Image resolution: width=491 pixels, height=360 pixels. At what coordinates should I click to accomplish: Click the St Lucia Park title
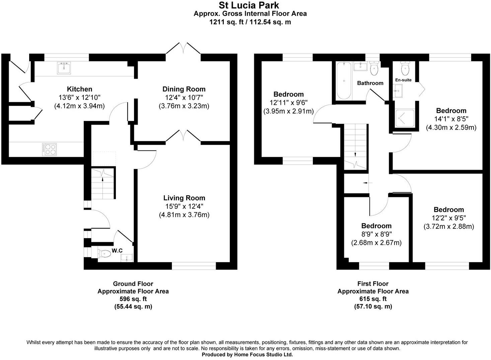(249, 5)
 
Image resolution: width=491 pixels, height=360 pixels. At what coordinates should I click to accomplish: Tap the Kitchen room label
(79, 89)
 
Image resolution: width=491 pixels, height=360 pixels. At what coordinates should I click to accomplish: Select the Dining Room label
(184, 89)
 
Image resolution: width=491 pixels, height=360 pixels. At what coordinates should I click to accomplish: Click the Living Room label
(184, 198)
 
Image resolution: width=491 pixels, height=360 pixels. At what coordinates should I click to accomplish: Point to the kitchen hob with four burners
(49, 149)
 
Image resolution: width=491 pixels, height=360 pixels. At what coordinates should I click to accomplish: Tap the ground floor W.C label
(117, 250)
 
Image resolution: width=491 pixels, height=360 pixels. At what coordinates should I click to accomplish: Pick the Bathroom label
(370, 83)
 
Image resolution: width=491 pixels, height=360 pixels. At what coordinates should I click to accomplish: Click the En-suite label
(403, 80)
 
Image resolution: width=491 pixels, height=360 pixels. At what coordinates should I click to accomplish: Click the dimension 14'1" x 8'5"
(451, 119)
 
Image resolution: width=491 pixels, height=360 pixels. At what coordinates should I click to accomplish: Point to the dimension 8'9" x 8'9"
(376, 234)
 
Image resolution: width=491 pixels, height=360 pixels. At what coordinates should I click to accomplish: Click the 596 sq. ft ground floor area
(133, 299)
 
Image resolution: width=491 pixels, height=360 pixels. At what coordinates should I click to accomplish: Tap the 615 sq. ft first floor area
(373, 299)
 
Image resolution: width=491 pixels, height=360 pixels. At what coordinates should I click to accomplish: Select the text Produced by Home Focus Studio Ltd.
(247, 355)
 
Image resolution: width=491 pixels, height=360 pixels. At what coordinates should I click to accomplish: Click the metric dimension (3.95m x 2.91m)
(288, 111)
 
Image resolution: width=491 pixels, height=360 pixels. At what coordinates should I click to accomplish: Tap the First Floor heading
(373, 284)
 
